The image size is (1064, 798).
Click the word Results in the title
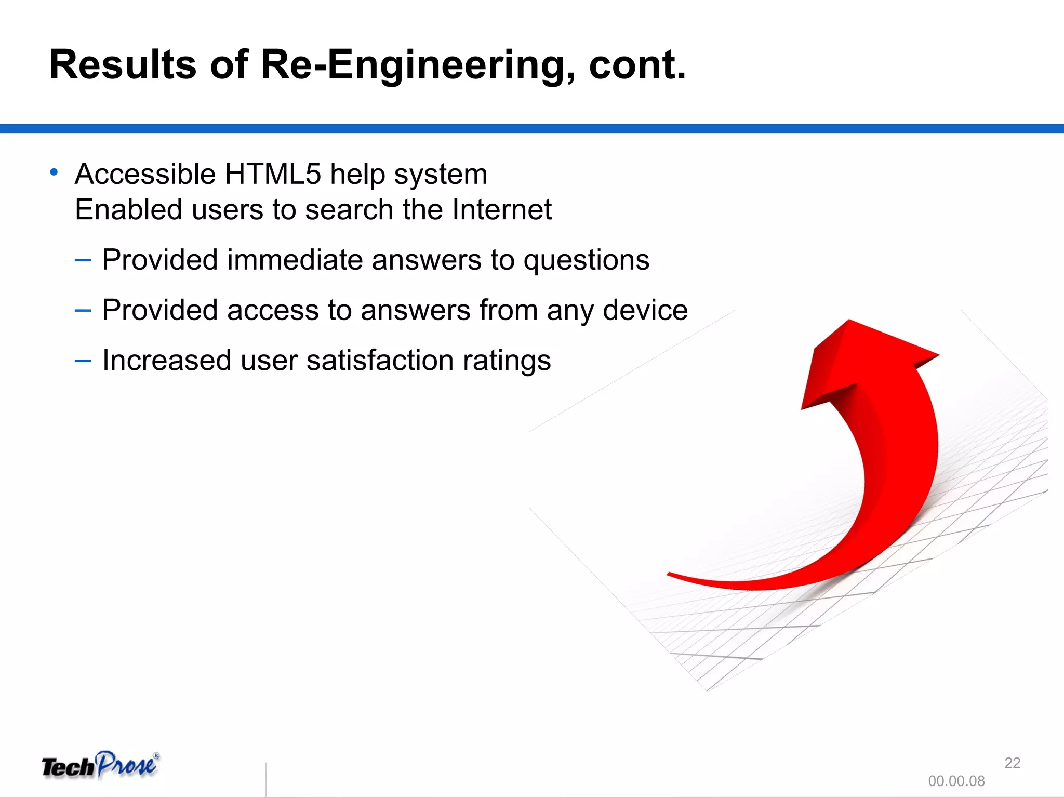123,65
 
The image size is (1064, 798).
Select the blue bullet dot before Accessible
54,172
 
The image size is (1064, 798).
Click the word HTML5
273,174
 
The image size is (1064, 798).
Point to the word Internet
501,209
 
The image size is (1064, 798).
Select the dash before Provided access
83,310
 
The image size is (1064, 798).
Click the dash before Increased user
83,360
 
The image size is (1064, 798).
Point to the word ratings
507,360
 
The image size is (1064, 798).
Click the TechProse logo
100,766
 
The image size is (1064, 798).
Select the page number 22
1012,763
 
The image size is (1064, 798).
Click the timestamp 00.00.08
956,781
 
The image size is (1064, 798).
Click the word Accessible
145,174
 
